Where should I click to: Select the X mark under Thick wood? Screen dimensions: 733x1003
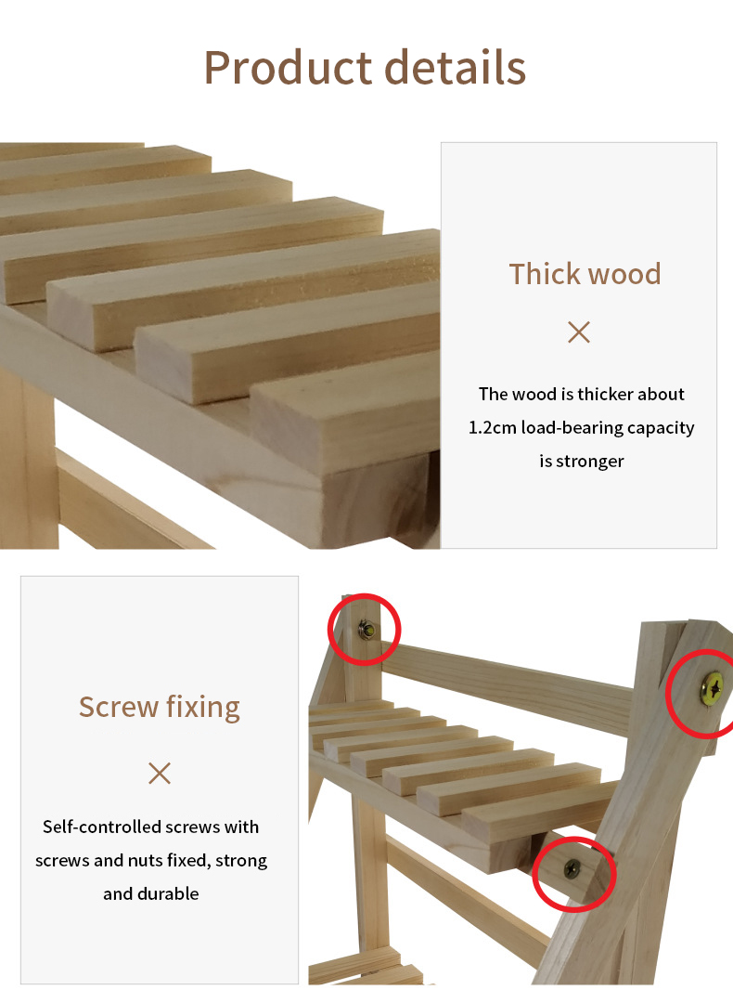579,332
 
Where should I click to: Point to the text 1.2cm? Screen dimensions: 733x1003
492,427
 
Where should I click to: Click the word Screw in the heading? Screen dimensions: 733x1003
119,708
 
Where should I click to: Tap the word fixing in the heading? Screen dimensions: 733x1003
203,709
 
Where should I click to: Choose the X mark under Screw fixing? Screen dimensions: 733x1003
160,773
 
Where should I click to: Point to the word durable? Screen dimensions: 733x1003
169,893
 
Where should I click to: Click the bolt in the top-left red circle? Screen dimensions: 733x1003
366,630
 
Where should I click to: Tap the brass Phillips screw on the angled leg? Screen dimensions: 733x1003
713,688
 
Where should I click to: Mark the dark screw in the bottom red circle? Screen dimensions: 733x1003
572,869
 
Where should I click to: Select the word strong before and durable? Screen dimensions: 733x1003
241,861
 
